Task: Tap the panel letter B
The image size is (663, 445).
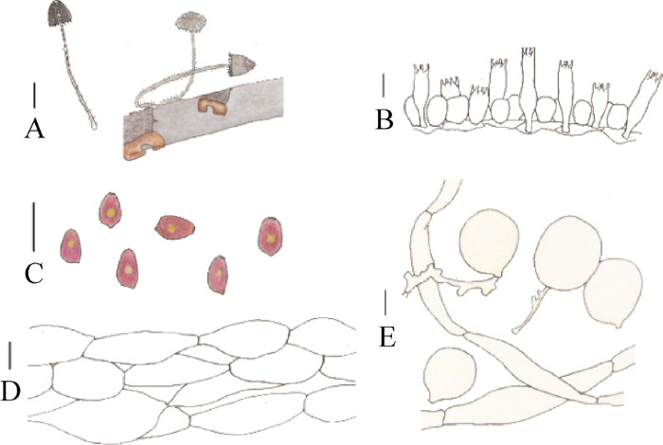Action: (384, 121)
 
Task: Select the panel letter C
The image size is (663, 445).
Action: (34, 275)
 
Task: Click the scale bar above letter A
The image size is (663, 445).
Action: (35, 95)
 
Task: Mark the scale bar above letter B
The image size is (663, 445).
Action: (384, 84)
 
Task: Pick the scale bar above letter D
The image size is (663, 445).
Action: (10, 356)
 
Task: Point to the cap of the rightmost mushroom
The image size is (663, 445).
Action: (242, 63)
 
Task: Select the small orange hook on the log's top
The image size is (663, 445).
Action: (209, 105)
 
